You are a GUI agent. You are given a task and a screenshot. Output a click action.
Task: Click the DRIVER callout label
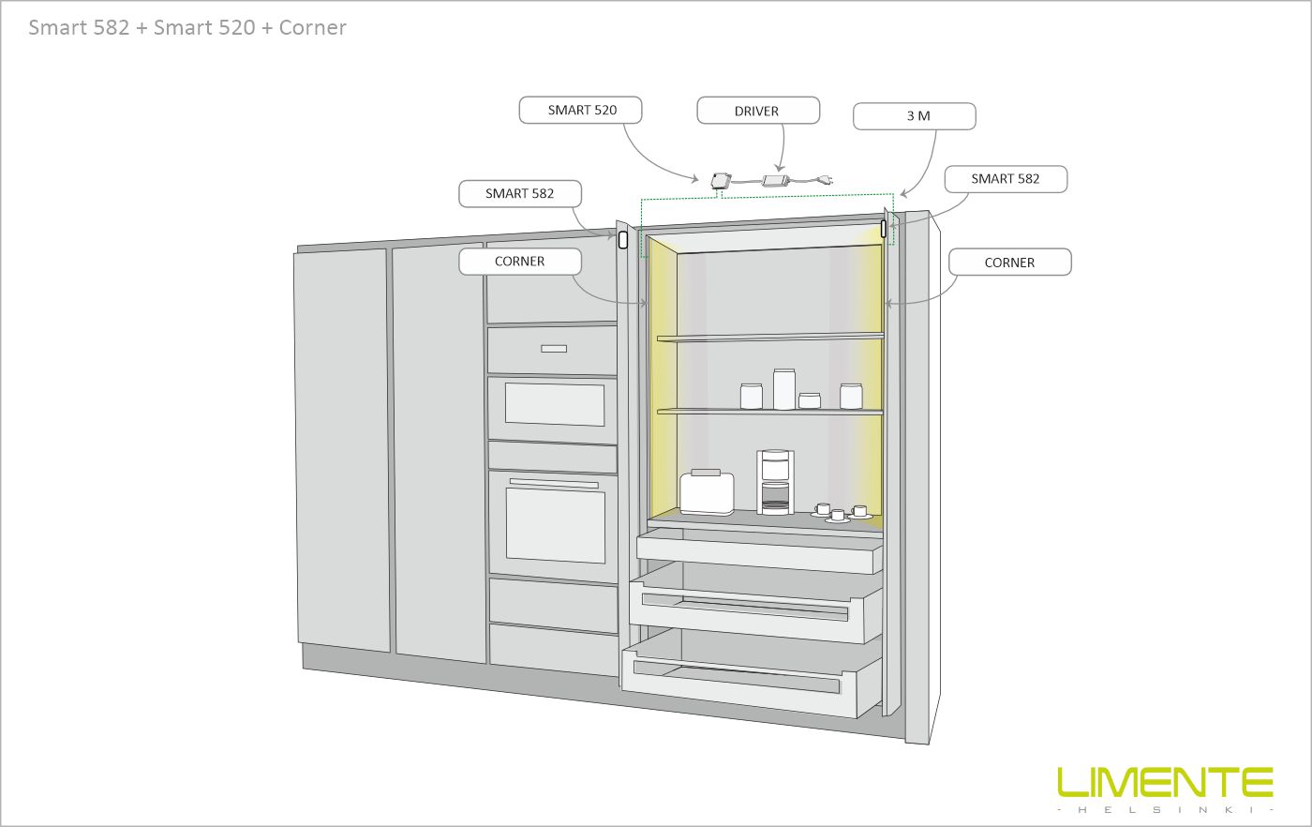point(757,111)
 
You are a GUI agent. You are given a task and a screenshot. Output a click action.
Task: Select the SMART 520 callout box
point(582,110)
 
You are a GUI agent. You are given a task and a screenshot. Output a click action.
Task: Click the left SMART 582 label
point(519,193)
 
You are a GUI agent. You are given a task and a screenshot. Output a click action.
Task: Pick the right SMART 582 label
point(1005,178)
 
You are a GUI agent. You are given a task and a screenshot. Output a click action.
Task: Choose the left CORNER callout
point(519,262)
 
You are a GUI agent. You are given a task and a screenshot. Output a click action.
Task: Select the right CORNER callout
point(1009,263)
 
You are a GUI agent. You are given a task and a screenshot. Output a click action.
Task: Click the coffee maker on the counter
point(775,482)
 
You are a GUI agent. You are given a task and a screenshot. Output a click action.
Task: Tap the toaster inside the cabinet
point(707,491)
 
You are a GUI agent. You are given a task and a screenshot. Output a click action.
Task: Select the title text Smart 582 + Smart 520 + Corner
point(187,27)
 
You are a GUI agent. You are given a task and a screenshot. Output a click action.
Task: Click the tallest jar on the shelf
point(783,388)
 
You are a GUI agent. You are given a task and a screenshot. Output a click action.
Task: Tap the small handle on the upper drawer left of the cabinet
point(554,349)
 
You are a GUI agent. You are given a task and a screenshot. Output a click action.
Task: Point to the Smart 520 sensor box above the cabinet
point(721,181)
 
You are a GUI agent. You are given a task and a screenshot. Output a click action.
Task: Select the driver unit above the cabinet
point(775,179)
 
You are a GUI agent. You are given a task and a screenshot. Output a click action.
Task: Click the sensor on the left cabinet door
point(623,239)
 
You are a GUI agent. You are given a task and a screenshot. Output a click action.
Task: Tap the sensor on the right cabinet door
point(884,227)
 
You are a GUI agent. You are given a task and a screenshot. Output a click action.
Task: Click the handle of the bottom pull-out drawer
point(737,677)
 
